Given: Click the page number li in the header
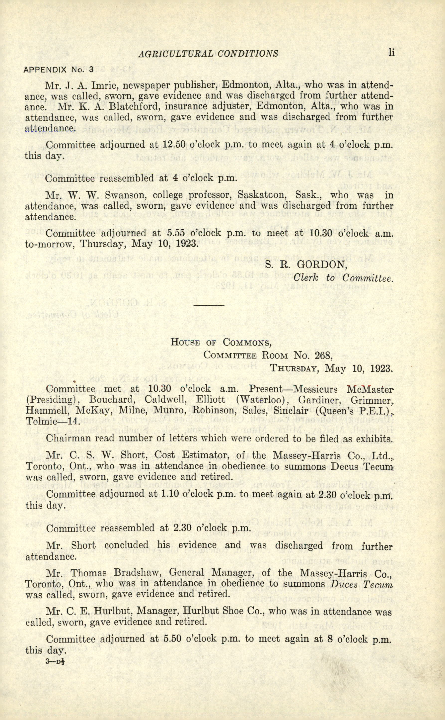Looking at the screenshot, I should (391, 53).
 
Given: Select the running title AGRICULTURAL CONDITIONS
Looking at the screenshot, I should (208, 54).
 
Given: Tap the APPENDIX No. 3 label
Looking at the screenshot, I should (58, 70).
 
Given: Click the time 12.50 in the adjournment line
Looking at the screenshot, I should (174, 145).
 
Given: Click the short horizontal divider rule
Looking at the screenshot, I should (209, 305).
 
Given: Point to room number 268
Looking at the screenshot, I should (323, 356).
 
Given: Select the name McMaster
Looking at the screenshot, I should (370, 389).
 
